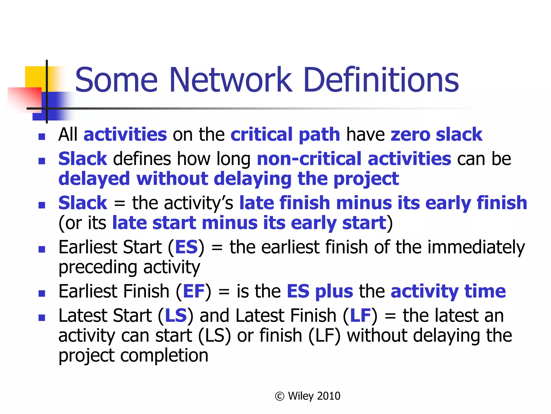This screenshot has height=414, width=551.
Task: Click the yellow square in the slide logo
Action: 35,77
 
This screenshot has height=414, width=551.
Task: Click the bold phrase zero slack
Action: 436,134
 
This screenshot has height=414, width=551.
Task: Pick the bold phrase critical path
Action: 285,134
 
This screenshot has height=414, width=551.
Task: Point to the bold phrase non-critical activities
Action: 354,159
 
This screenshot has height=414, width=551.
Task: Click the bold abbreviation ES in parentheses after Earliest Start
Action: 186,247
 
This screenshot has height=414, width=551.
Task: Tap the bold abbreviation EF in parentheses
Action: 193,291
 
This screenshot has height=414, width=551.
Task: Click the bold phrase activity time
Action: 448,291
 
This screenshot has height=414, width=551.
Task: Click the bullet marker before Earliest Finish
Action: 42,293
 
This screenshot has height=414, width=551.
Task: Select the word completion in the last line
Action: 164,356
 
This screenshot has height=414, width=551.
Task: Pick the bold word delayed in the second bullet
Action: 94,179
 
